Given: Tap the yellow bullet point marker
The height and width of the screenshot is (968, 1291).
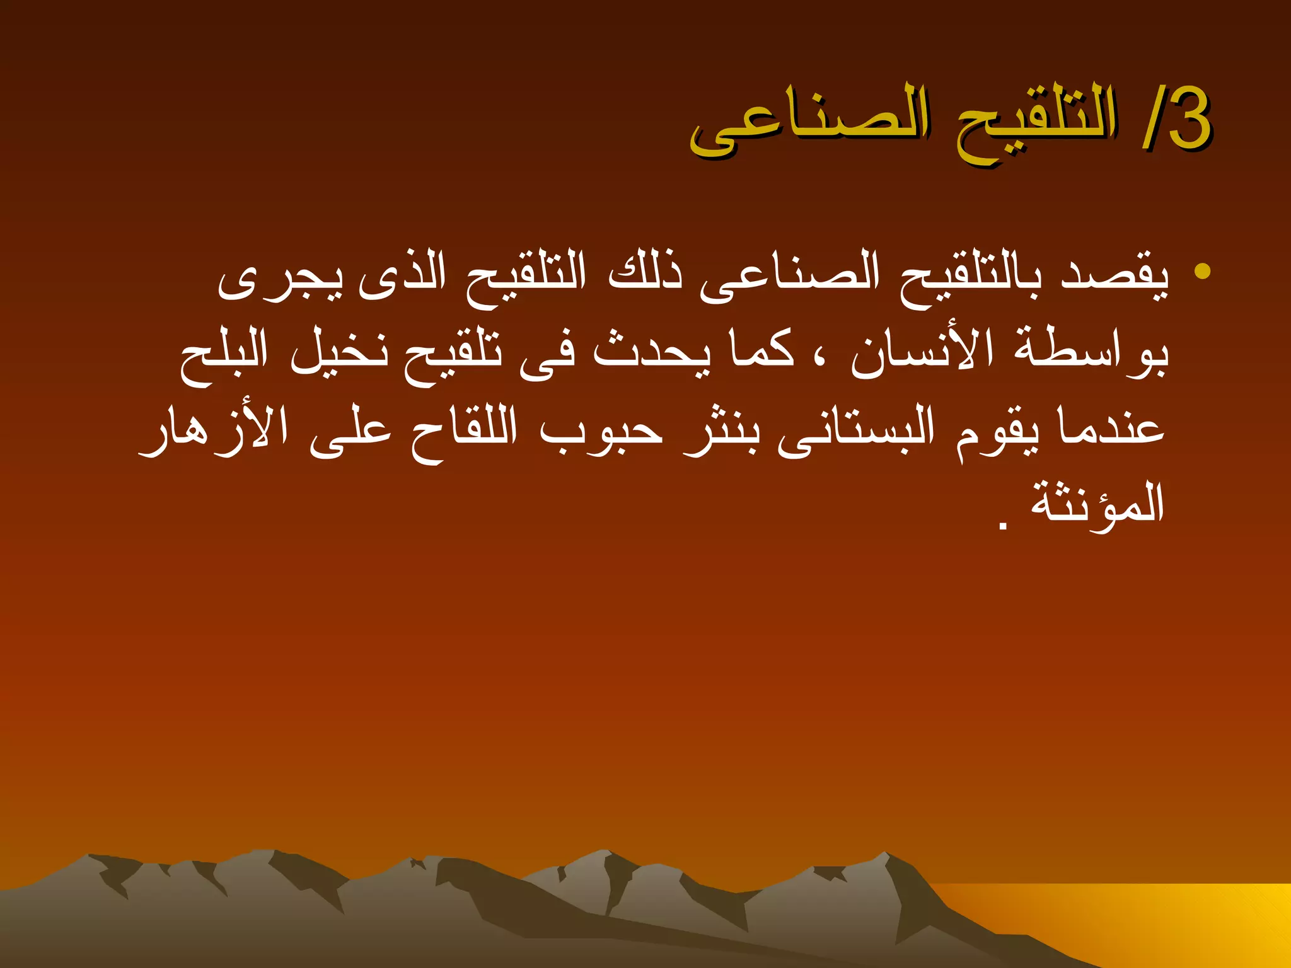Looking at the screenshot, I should click(x=1202, y=271).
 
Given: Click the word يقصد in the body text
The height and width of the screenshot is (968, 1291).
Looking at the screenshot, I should click(x=1114, y=277).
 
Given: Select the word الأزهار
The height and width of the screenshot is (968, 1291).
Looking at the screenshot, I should click(x=214, y=429).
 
